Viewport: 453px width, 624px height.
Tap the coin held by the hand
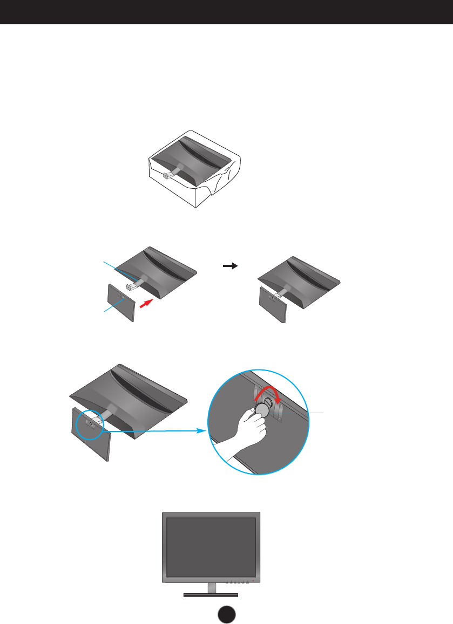[262, 409]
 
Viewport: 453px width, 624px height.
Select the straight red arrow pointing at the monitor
[146, 305]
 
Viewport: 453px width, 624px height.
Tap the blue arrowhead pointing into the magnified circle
[204, 431]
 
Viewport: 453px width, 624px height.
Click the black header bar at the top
[226, 12]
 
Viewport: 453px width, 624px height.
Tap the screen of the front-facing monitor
[211, 547]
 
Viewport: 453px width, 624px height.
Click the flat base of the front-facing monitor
[211, 595]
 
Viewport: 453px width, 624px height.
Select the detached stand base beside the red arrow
[120, 303]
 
